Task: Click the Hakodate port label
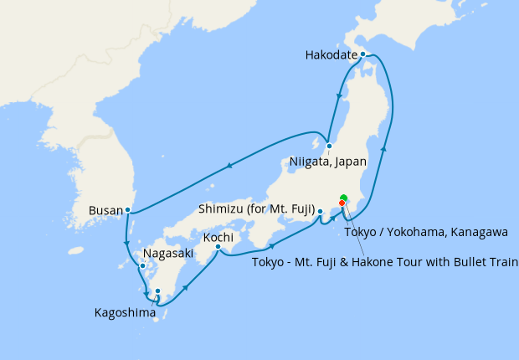click(331, 56)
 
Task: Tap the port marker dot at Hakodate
click(362, 54)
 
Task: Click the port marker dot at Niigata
click(329, 146)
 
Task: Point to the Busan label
click(105, 211)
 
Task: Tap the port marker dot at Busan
click(127, 209)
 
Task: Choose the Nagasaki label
click(168, 253)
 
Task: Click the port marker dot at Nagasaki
click(142, 267)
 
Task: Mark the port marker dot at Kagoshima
click(157, 291)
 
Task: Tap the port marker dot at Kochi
click(218, 247)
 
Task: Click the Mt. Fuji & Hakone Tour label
click(384, 263)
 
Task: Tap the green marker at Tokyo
click(343, 198)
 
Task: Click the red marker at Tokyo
click(342, 203)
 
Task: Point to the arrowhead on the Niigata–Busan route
click(228, 169)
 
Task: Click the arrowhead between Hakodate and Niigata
click(339, 96)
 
